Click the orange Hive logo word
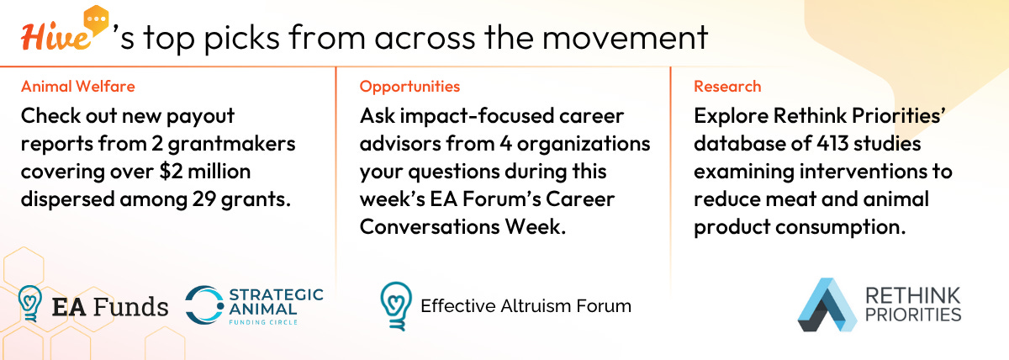(x=55, y=37)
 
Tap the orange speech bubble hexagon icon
(x=96, y=20)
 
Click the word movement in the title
(x=626, y=37)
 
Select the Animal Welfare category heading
(x=78, y=86)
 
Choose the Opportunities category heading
(x=409, y=87)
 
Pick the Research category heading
(x=727, y=86)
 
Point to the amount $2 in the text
(x=171, y=172)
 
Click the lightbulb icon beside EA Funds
(x=30, y=304)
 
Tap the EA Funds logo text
(x=110, y=307)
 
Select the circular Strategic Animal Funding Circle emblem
(x=204, y=305)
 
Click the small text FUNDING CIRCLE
(x=263, y=322)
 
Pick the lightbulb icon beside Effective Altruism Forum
(x=396, y=306)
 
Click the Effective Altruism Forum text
(x=526, y=306)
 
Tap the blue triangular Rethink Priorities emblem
(x=827, y=304)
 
